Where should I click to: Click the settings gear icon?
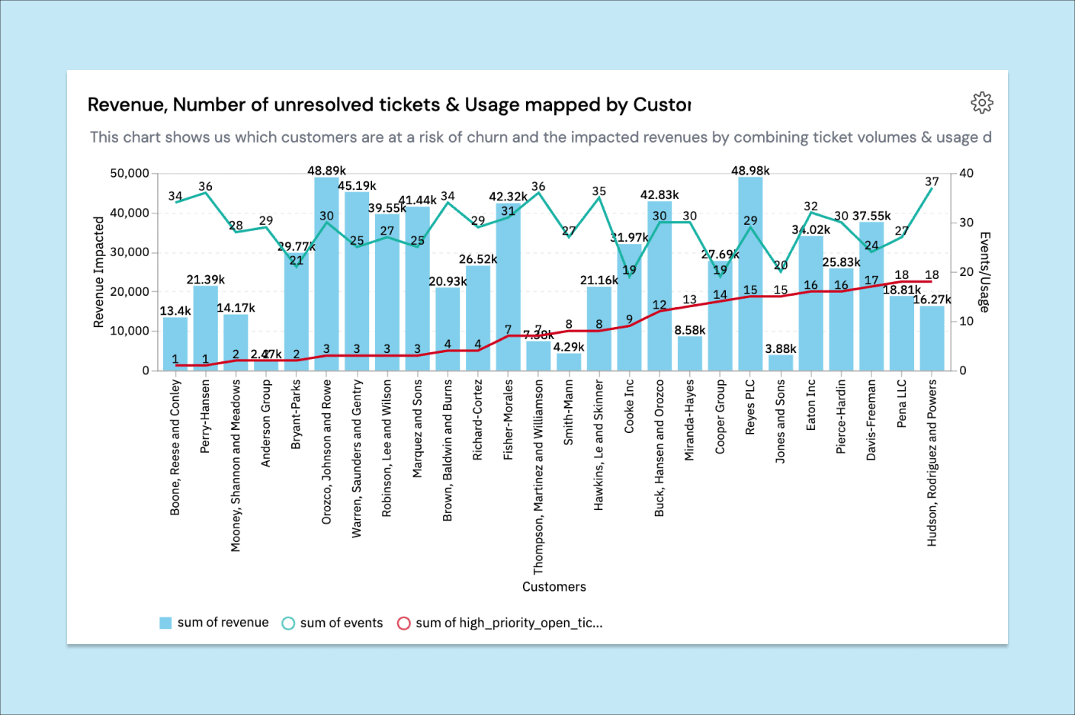982,103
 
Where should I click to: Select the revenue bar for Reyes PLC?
750,305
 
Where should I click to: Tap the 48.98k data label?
750,171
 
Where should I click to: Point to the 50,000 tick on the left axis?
130,174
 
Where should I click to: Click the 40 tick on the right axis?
966,174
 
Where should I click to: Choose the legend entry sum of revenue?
214,623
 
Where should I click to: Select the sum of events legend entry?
332,623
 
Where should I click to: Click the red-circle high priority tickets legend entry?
500,623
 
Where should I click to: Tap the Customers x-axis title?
554,587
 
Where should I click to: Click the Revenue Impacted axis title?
98,272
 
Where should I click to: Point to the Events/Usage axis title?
984,272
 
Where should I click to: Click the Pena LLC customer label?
902,403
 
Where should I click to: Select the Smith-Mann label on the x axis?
569,412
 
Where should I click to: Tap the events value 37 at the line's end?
932,182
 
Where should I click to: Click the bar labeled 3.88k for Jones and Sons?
781,363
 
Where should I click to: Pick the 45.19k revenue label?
357,186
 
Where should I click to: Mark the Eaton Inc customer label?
811,405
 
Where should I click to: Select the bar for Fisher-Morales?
509,290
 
